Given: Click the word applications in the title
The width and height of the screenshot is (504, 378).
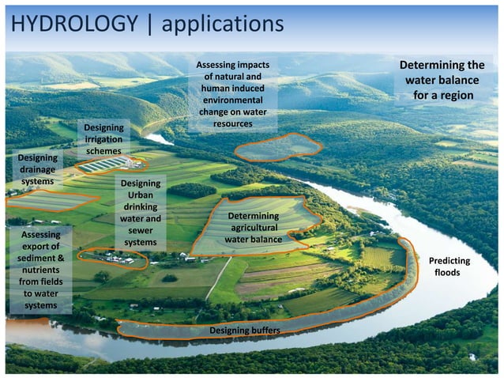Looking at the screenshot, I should pyautogui.click(x=222, y=25).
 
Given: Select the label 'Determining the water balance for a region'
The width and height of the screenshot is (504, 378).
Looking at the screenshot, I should pyautogui.click(x=442, y=80).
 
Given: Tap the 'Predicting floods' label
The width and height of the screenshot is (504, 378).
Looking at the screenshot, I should pyautogui.click(x=448, y=266).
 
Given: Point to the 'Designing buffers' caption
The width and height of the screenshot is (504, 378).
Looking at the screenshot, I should pyautogui.click(x=244, y=329).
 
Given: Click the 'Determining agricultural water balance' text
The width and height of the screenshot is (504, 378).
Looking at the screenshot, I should pyautogui.click(x=253, y=228).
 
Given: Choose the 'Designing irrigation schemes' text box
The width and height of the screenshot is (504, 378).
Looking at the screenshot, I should pyautogui.click(x=103, y=139).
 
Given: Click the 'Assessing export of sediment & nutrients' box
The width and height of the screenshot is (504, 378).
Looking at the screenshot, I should pyautogui.click(x=39, y=270).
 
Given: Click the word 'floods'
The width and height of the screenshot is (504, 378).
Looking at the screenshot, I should pyautogui.click(x=448, y=273).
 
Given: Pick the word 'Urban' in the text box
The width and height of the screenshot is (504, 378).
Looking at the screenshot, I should pyautogui.click(x=141, y=195).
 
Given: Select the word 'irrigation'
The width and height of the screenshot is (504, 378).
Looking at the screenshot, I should pyautogui.click(x=103, y=139).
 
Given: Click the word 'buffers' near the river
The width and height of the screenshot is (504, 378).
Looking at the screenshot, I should pyautogui.click(x=264, y=329).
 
